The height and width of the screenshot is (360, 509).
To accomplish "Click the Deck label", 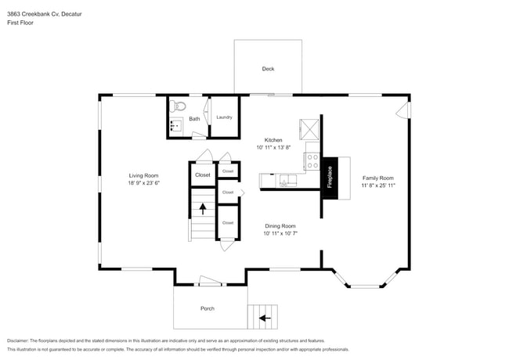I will pyautogui.click(x=268, y=69).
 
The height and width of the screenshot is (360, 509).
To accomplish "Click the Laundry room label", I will pyautogui.click(x=224, y=117).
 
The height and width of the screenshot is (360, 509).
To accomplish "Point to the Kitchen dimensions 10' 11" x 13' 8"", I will pyautogui.click(x=273, y=147).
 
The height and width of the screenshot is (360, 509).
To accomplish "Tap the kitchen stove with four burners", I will pyautogui.click(x=312, y=162).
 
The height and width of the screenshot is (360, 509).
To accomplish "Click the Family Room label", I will pyautogui.click(x=377, y=178).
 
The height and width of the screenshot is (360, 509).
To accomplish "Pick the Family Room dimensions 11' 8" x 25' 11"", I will pyautogui.click(x=377, y=185).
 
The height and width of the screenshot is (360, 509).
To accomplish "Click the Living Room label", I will pyautogui.click(x=144, y=175).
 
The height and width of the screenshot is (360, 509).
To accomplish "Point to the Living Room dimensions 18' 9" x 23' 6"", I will pyautogui.click(x=144, y=183).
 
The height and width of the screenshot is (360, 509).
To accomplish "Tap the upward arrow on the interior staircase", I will pyautogui.click(x=204, y=209).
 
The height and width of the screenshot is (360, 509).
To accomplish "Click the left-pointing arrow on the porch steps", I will pyautogui.click(x=263, y=318).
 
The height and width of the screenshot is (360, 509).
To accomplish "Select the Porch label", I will pyautogui.click(x=208, y=308).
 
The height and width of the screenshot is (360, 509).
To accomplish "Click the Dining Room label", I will pyautogui.click(x=280, y=225).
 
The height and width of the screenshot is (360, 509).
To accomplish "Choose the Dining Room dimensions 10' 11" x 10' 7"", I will pyautogui.click(x=280, y=233).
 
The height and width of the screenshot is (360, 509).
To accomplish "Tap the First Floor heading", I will pyautogui.click(x=21, y=22).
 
